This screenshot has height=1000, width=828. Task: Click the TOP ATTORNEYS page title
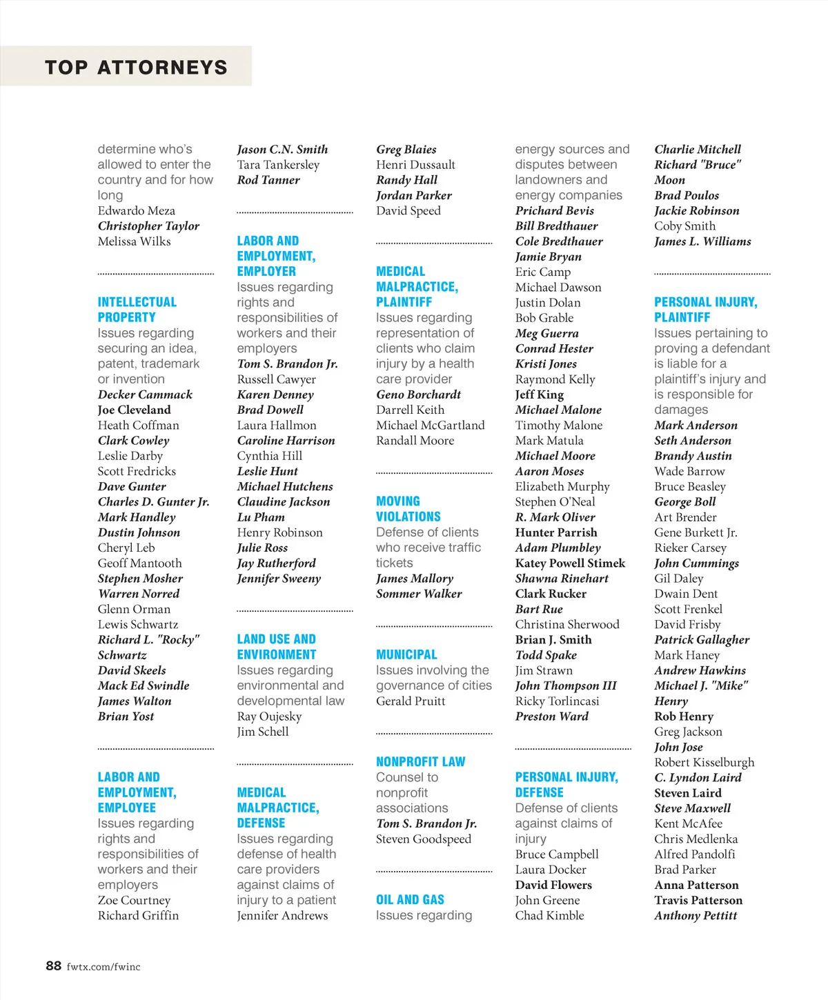pos(136,67)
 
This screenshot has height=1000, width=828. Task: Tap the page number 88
pos(54,966)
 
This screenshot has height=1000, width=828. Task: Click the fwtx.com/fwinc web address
pos(103,966)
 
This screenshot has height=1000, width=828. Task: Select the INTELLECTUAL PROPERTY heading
pos(137,310)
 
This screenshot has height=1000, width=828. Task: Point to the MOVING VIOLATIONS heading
pos(408,509)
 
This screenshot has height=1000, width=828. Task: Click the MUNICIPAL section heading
pos(406,654)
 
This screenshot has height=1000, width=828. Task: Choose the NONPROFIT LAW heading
pos(420,761)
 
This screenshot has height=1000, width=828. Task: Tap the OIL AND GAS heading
pos(410,899)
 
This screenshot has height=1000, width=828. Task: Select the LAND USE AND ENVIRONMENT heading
pos(277,647)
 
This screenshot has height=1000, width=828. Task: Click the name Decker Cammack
pos(145,394)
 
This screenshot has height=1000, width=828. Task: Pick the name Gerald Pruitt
pos(411,701)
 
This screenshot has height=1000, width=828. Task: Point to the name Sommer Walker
pos(419,594)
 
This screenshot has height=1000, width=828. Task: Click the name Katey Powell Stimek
pos(570,563)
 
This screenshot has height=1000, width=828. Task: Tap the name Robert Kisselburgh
pos(704,762)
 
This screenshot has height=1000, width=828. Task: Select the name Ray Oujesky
pos(269,716)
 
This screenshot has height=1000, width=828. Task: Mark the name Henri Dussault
pos(415,165)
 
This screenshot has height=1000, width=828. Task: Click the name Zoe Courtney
pos(134,900)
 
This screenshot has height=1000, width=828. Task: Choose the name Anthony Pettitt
pos(696,915)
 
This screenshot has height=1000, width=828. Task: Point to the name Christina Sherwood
pos(567,624)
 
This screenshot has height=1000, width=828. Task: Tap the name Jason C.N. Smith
pos(282,149)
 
